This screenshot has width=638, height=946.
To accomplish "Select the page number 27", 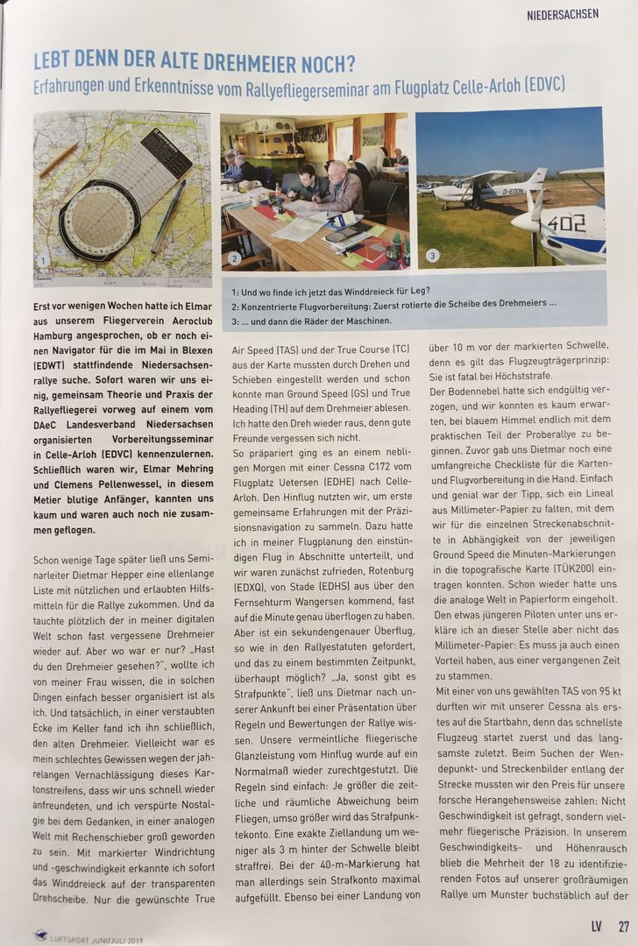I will click(623, 925).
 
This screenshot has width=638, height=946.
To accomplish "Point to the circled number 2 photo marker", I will click(234, 258).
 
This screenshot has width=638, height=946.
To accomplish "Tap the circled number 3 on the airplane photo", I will click(431, 256).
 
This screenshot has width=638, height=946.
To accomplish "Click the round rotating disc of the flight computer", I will click(98, 219).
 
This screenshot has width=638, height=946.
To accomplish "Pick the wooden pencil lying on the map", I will click(59, 160).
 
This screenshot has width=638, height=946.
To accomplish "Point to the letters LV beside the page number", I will click(597, 925).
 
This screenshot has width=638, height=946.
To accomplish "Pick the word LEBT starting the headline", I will click(53, 64).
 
